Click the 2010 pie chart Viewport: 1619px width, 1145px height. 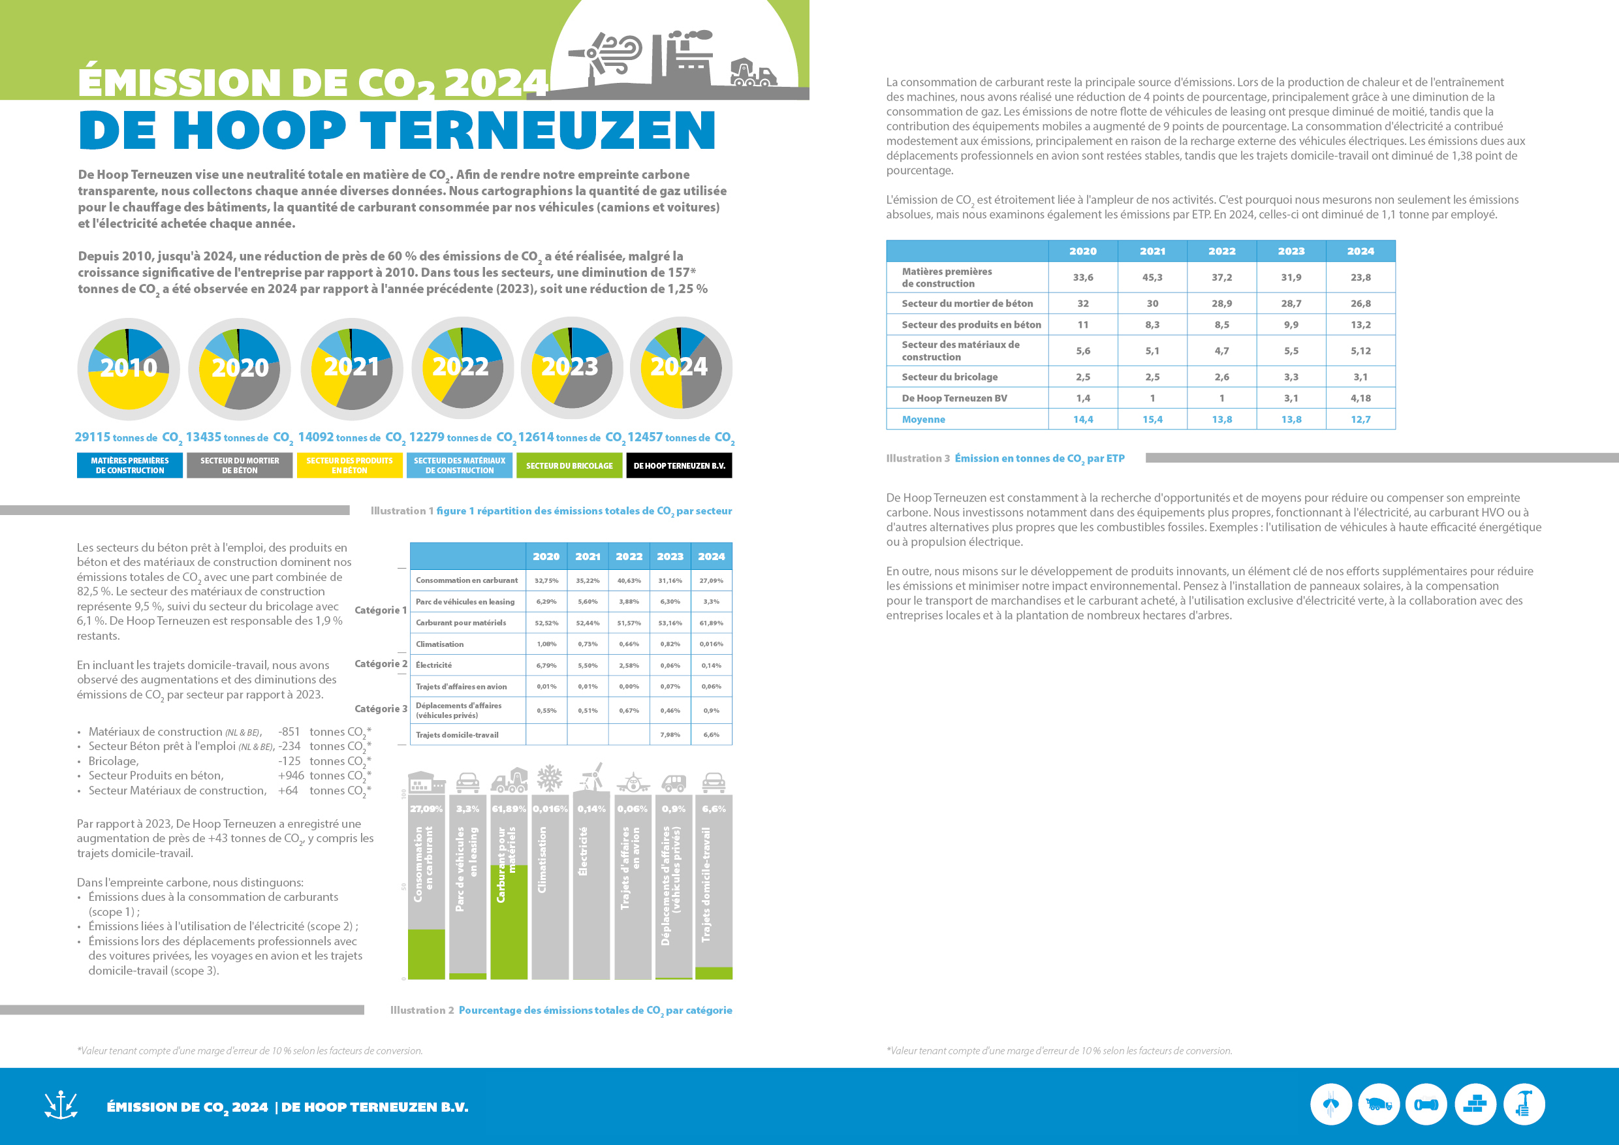click(129, 369)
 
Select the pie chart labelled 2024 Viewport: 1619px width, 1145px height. click(681, 368)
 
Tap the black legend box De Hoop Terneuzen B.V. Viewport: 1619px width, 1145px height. click(679, 466)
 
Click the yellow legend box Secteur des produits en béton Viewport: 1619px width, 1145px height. click(350, 466)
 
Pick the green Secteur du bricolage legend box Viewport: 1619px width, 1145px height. click(569, 466)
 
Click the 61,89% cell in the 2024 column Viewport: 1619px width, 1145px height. click(711, 623)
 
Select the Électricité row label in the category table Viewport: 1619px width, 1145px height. click(433, 666)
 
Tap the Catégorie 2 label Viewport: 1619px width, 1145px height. click(381, 664)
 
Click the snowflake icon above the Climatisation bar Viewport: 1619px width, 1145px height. click(550, 779)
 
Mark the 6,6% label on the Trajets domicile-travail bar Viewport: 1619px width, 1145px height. click(714, 809)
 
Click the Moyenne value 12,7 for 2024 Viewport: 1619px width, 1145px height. click(1360, 420)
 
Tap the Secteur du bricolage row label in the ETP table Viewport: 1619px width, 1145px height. click(949, 377)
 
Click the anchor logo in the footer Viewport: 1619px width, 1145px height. click(61, 1105)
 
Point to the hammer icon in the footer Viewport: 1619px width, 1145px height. click(1524, 1104)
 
